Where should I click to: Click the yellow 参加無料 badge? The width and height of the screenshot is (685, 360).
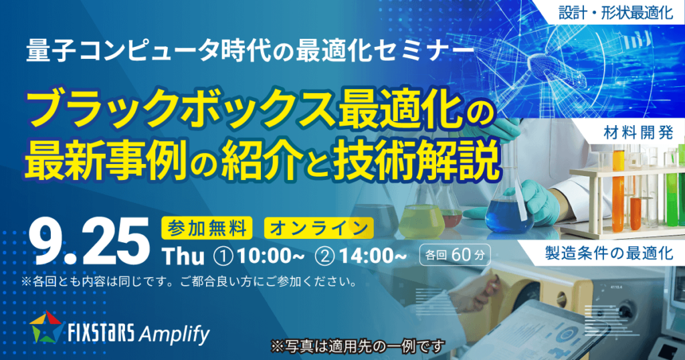point(207,228)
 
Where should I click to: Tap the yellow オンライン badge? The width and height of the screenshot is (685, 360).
point(318,228)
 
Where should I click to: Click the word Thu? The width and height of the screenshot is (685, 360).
point(183,257)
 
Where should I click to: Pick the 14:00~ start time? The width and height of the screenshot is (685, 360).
point(373,257)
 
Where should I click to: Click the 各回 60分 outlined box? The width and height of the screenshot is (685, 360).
point(454,255)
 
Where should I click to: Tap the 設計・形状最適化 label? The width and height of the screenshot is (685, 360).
point(615,13)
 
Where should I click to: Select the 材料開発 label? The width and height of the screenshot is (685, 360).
point(638,132)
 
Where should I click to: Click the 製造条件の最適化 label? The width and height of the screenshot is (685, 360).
point(609,253)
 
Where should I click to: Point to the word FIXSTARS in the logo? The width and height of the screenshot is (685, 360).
point(102,335)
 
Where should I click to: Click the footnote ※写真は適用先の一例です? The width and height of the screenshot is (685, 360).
point(358,347)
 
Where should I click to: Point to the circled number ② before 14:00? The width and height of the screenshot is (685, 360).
point(325,257)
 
